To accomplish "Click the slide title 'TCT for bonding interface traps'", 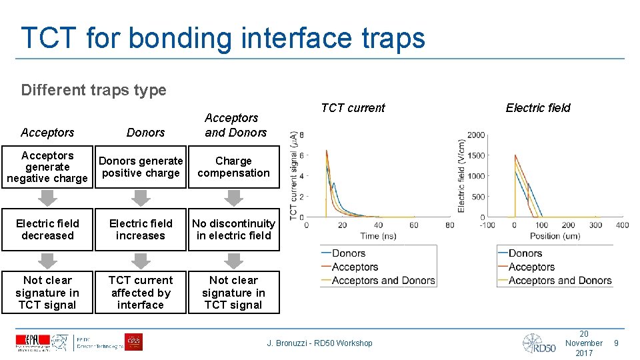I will (223, 38).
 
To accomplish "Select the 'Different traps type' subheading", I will (93, 90).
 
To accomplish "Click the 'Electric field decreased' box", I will (47, 229).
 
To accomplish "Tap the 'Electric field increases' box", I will (140, 229).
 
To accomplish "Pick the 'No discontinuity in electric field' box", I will (233, 229).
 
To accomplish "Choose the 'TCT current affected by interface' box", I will (140, 293).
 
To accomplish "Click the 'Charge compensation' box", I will (233, 167).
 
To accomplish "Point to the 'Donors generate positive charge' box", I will (140, 167).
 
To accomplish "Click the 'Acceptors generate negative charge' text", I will (47, 167).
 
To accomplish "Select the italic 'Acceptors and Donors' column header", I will (235, 125).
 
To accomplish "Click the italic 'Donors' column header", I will (145, 133).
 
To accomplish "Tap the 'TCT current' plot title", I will (353, 108).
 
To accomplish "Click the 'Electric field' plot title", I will (538, 108).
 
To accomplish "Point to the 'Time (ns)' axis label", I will (377, 236).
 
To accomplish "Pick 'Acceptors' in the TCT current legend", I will (355, 267).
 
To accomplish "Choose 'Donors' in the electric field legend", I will (525, 253).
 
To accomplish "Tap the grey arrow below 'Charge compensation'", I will (233, 198).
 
